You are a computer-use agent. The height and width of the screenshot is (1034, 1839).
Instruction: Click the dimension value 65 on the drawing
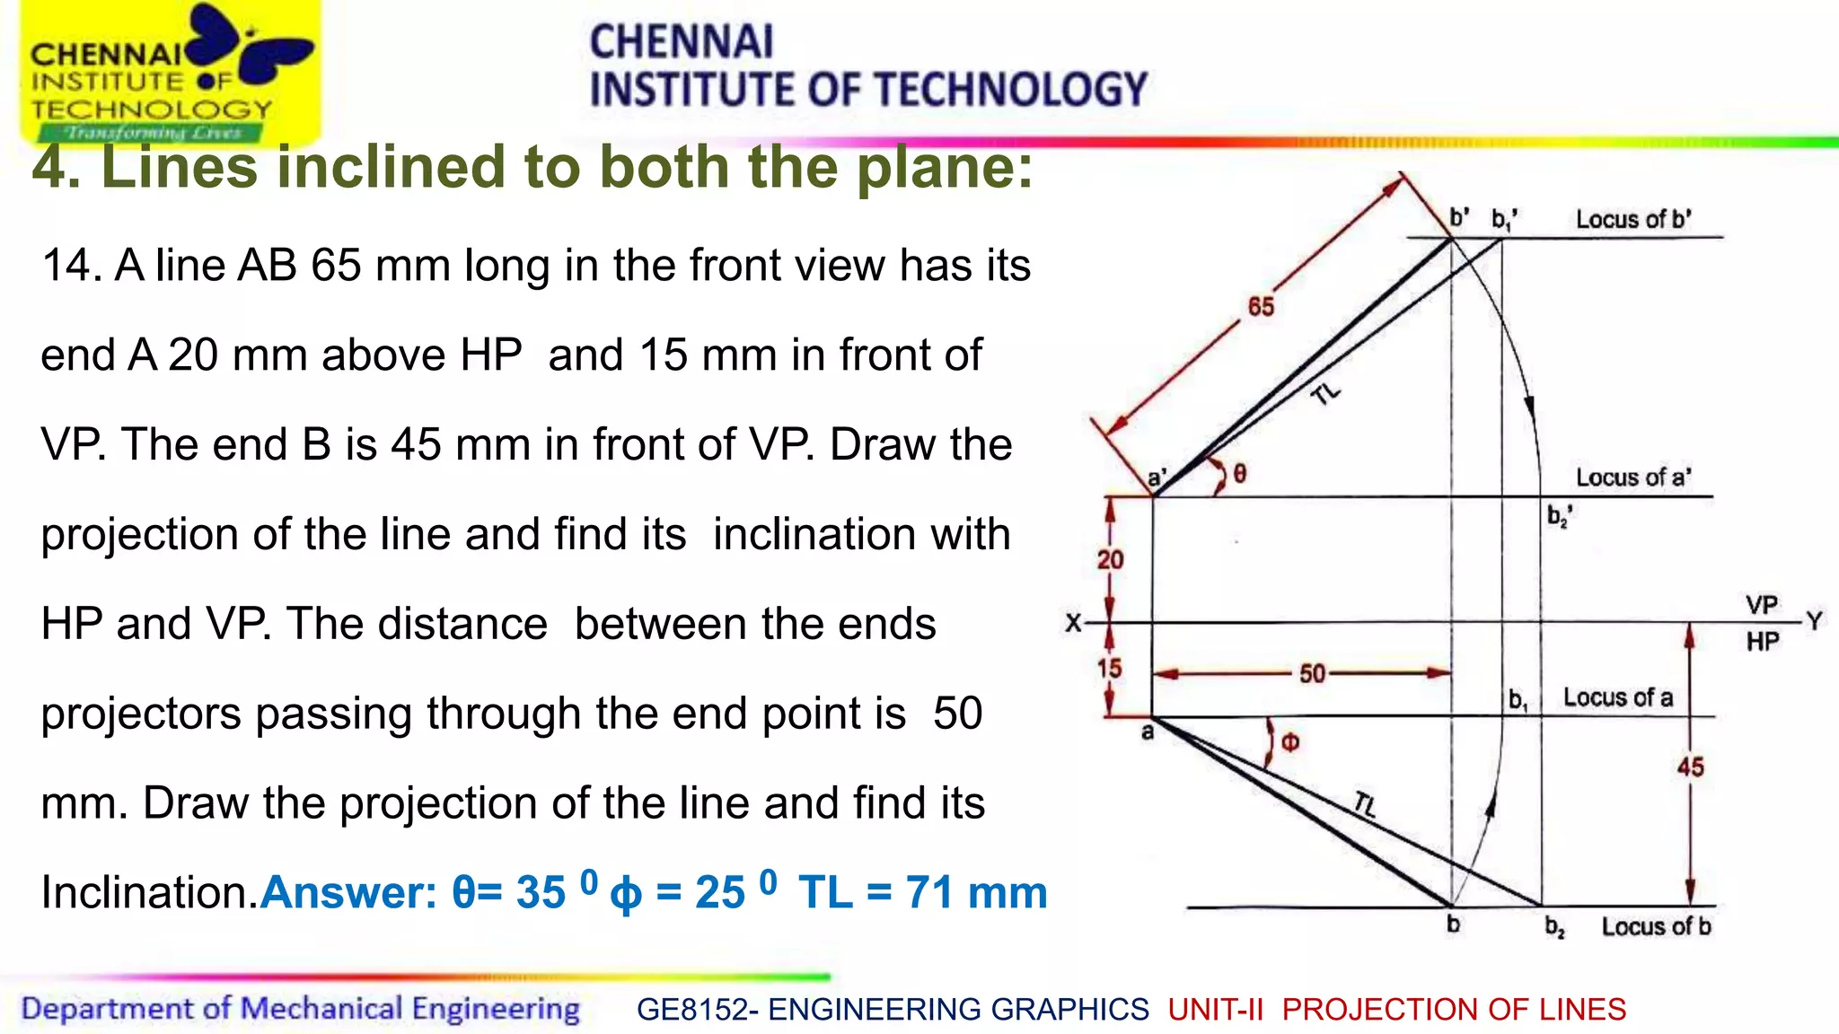(x=1261, y=307)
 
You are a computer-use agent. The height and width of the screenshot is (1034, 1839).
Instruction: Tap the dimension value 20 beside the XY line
(x=1110, y=560)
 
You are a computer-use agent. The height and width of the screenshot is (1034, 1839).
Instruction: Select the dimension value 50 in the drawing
(x=1312, y=673)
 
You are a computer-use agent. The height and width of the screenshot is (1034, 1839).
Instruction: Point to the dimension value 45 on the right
(x=1690, y=767)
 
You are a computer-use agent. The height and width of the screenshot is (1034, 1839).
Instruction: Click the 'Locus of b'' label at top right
(x=1633, y=220)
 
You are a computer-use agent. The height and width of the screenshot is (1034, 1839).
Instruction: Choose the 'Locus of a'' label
(x=1633, y=478)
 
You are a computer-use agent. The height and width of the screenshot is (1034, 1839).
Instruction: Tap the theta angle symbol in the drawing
(x=1240, y=474)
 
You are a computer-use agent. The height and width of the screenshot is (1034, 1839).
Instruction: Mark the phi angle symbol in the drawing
(x=1289, y=742)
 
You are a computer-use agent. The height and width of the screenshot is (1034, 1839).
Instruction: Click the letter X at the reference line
(x=1073, y=623)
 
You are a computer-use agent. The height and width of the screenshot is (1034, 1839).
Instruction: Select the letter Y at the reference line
(x=1815, y=621)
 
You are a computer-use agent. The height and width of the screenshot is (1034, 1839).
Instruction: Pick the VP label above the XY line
(x=1762, y=605)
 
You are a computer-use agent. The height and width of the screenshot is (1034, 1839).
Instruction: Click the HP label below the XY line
(x=1763, y=642)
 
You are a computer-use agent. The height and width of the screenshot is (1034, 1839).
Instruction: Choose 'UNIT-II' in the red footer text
(x=1215, y=1010)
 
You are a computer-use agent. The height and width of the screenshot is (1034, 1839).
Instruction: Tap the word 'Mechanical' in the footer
(x=321, y=1009)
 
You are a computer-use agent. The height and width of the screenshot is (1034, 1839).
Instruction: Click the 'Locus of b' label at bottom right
(x=1656, y=926)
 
